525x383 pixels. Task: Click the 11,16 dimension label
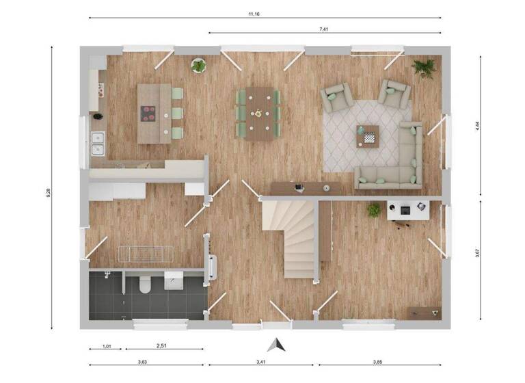pyautogui.click(x=264, y=12)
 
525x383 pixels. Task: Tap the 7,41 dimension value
pyautogui.click(x=324, y=29)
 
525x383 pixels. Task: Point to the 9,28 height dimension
pyautogui.click(x=48, y=192)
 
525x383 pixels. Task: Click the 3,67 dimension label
pyautogui.click(x=476, y=252)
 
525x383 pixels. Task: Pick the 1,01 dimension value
pyautogui.click(x=107, y=346)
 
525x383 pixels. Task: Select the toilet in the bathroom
pyautogui.click(x=144, y=285)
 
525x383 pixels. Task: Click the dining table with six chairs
pyautogui.click(x=258, y=113)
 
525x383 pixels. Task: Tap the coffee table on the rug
pyautogui.click(x=367, y=136)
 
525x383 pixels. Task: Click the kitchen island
pyautogui.click(x=154, y=113)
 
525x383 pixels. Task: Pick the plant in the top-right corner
pyautogui.click(x=424, y=67)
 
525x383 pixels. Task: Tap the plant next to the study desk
pyautogui.click(x=374, y=210)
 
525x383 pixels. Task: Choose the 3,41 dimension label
pyautogui.click(x=262, y=361)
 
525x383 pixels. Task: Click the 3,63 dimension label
pyautogui.click(x=142, y=361)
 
